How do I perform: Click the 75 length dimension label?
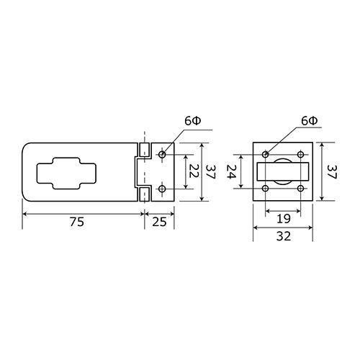coord(77,222)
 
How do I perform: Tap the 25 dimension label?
coord(159,222)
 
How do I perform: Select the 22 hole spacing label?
coord(193,171)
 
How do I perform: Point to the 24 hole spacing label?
coord(231,171)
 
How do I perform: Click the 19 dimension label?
coord(284,219)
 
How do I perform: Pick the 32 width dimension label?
coord(284,236)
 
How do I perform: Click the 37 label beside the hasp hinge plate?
coord(210,172)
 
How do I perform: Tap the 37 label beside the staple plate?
coord(333,172)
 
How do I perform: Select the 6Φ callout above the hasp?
coord(193,121)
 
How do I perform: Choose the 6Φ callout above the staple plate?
coord(310,121)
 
